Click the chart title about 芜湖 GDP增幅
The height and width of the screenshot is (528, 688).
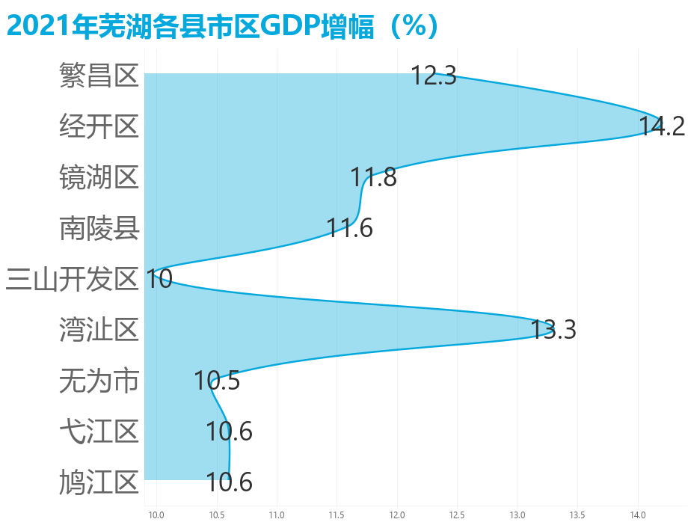click(x=222, y=26)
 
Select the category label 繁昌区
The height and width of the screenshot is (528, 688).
click(x=99, y=76)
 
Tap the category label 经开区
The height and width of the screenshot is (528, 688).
click(x=99, y=126)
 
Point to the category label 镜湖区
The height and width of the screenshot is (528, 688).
click(x=99, y=177)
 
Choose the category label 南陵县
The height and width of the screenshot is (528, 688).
click(x=99, y=228)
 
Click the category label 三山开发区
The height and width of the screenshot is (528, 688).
click(x=73, y=279)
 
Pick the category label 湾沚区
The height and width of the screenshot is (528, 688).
click(x=99, y=330)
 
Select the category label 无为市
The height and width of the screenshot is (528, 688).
click(x=99, y=381)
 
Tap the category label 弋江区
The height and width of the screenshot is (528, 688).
click(x=99, y=432)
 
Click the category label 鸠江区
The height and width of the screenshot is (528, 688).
click(x=99, y=482)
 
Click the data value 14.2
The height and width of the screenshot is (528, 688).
click(x=662, y=126)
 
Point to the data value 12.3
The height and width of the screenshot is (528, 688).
click(x=434, y=76)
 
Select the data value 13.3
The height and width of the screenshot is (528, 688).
click(x=553, y=330)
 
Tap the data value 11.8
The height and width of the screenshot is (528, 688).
click(x=373, y=178)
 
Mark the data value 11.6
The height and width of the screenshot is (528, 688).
click(x=349, y=228)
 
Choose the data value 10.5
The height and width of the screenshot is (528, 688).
click(x=217, y=381)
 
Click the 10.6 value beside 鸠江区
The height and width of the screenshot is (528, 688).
click(x=229, y=482)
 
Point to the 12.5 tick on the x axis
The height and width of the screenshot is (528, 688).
click(x=457, y=515)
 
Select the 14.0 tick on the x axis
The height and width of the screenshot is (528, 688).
click(x=638, y=515)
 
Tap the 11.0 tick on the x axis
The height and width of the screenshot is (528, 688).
click(x=277, y=515)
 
